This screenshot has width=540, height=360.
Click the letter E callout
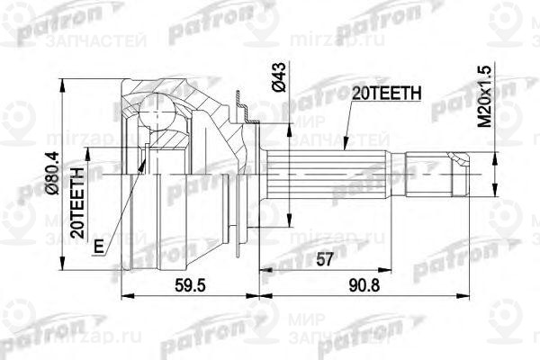(x=97, y=246)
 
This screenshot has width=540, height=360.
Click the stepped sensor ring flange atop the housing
(x=240, y=103)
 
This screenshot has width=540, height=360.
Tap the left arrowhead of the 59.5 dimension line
(x=121, y=293)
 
